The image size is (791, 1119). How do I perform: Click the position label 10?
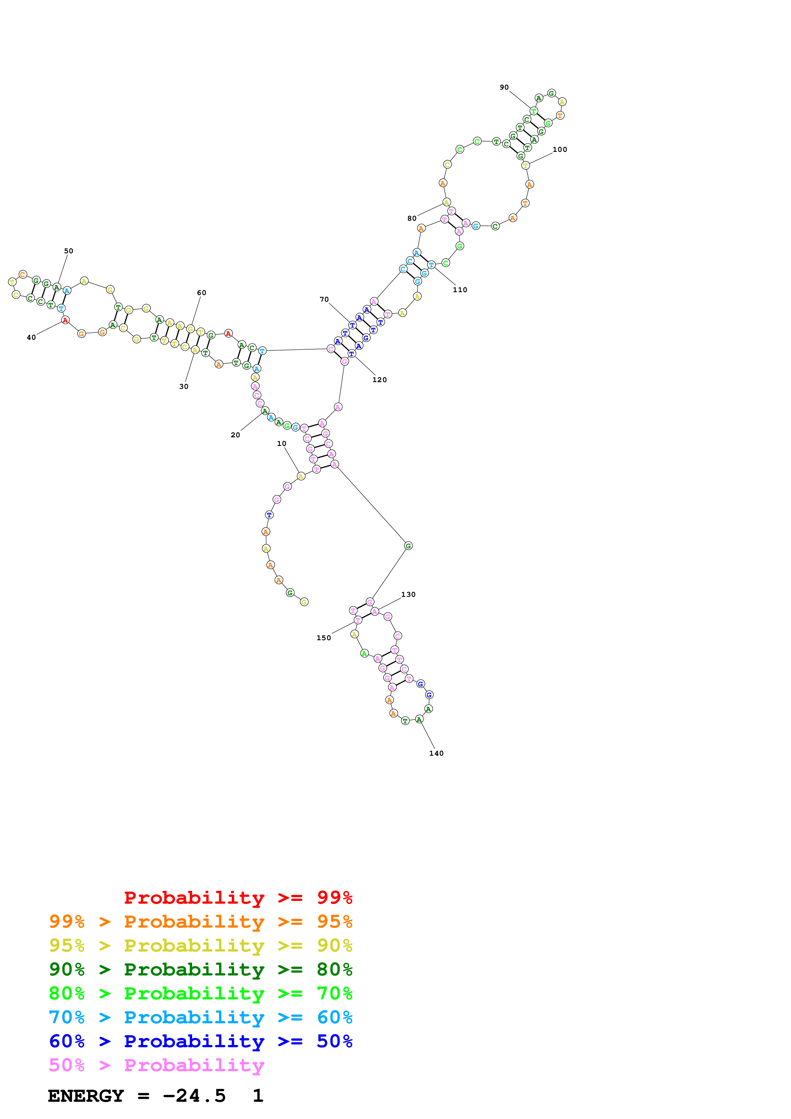pos(282,443)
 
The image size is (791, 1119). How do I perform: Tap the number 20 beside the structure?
pos(235,435)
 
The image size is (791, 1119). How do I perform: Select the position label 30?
pos(184,387)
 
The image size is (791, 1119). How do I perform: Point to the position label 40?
pos(31,337)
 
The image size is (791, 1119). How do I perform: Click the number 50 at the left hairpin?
pos(69,251)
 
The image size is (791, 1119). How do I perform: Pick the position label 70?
pos(324,299)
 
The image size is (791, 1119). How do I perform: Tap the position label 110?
pos(460,290)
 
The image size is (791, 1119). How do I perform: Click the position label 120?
pos(380,380)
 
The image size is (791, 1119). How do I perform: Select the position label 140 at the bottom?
pos(436,753)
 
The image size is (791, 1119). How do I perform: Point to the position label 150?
pos(324,638)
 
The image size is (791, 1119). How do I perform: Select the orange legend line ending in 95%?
pos(200,922)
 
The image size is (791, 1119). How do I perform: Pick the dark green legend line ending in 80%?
pos(200,969)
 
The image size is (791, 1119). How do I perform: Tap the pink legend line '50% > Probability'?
pos(156,1065)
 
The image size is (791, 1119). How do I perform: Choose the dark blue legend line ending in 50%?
pos(200,1041)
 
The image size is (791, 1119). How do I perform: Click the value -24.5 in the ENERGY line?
pos(194,1096)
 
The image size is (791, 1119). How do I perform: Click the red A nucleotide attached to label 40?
pos(65,320)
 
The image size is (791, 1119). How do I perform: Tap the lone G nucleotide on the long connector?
pos(408,546)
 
